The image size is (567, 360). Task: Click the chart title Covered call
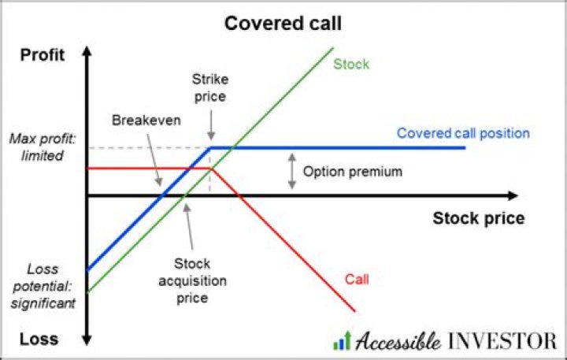coord(283,23)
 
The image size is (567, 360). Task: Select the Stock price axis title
coord(478,218)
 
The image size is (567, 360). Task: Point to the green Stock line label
coord(351,64)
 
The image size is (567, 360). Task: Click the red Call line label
coord(357,279)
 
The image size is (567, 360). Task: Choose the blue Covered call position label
coord(463,133)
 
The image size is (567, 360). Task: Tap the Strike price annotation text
coord(209,88)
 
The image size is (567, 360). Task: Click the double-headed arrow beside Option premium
coord(291,171)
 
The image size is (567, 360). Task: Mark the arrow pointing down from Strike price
coord(210,124)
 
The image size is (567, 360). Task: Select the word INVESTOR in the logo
coord(502,341)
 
